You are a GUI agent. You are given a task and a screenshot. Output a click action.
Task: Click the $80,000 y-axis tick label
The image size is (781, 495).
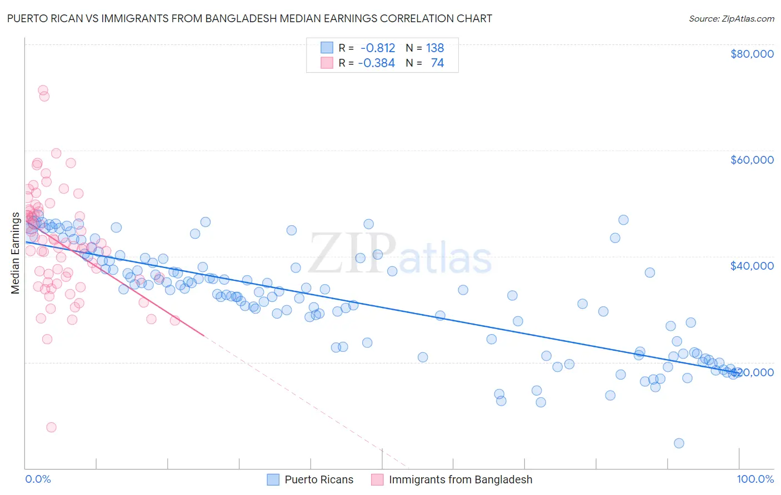pos(752,54)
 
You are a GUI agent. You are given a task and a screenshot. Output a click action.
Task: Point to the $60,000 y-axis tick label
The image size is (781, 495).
pos(752,160)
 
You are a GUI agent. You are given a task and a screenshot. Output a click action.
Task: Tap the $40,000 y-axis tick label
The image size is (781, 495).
pos(752,266)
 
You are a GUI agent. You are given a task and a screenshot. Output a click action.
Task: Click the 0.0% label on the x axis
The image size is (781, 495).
pos(38,479)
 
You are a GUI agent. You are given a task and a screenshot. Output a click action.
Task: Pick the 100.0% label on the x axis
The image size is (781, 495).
pos(755,479)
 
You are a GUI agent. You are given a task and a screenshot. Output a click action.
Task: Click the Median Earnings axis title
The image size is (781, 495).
pos(15,253)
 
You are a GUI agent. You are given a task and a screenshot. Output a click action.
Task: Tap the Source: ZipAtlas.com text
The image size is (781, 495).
pos(731,18)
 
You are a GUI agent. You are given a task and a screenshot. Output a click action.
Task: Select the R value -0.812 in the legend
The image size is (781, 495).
pos(378,48)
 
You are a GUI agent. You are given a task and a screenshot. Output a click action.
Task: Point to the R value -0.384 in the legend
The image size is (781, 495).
pos(376,63)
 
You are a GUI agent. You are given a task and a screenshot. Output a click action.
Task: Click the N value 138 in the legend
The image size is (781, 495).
pos(434,48)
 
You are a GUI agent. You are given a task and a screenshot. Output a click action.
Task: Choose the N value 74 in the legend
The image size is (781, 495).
pos(437,63)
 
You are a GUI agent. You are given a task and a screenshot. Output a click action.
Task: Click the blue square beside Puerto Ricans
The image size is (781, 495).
pos(273,479)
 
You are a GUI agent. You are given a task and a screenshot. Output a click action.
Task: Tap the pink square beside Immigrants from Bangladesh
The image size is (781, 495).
pos(377,479)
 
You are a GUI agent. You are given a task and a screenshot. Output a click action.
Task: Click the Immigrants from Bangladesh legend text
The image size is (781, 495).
pos(460,479)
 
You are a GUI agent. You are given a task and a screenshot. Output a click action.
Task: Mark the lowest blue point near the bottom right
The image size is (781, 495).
pos(679,443)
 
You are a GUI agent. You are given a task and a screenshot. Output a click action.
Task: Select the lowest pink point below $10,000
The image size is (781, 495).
pos(51,427)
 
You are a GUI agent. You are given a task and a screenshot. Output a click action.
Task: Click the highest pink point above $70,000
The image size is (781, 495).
pos(43,90)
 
